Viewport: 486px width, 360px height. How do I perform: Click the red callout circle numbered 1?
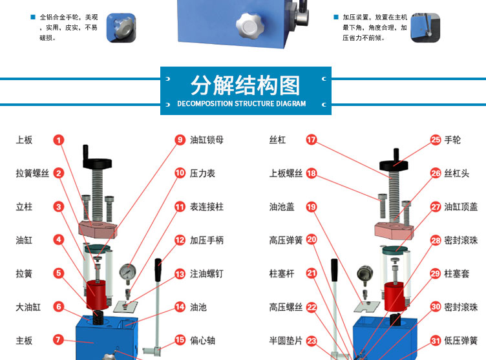(59, 140)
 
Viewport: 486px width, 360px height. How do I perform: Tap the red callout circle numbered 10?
(180, 173)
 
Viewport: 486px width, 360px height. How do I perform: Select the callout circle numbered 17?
(312, 140)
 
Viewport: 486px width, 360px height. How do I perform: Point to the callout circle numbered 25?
(436, 140)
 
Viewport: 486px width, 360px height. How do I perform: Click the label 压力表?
(202, 173)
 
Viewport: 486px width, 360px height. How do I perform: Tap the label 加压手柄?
(207, 240)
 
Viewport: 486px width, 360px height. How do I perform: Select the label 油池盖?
(282, 207)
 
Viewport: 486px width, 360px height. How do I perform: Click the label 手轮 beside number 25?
(452, 140)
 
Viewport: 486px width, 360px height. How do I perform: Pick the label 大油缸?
(28, 307)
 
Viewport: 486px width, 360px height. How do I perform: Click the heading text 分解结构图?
(246, 85)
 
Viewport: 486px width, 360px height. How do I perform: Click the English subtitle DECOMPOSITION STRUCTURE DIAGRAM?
(242, 103)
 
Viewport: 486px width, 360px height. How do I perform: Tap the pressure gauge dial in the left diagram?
(127, 272)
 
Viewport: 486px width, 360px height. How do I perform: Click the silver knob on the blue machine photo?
(249, 25)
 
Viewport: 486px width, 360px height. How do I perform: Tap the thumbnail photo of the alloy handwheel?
(121, 28)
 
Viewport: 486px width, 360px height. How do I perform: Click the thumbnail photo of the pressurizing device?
(425, 28)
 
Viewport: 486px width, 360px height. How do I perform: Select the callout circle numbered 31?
(436, 341)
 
